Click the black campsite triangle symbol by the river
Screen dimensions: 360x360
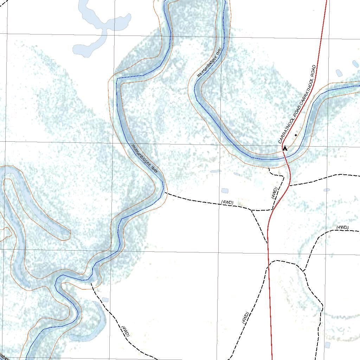click(x=285, y=149)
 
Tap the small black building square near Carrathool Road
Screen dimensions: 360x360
click(x=296, y=135)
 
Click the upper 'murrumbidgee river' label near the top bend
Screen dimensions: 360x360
click(x=210, y=62)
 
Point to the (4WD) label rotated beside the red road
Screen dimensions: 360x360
click(x=275, y=193)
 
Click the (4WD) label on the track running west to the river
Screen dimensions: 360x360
click(x=227, y=202)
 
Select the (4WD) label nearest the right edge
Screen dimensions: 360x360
click(x=342, y=227)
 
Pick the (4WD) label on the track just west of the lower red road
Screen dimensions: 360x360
click(x=245, y=318)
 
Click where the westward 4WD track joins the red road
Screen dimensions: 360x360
click(x=273, y=210)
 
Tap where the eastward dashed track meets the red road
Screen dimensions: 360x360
click(x=290, y=185)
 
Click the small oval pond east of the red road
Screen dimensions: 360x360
click(x=327, y=190)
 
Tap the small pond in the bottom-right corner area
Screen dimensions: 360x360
click(x=327, y=345)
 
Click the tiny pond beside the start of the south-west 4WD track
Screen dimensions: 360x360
click(x=105, y=300)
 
